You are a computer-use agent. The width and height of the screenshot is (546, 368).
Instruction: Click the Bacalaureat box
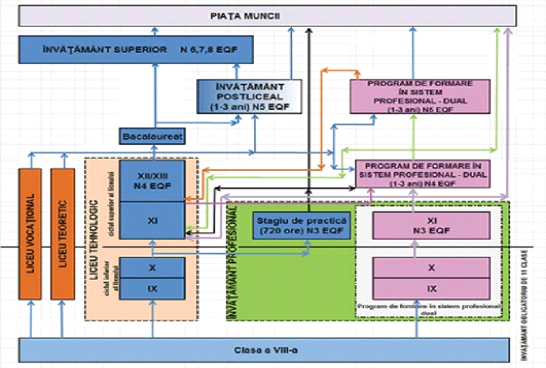152,137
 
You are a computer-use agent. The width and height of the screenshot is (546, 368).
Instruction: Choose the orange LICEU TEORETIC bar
64,234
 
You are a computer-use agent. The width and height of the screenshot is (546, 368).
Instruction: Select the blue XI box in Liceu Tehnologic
152,220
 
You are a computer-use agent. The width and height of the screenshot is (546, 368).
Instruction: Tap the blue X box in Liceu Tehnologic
152,268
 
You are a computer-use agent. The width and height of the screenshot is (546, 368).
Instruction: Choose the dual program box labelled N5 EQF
420,96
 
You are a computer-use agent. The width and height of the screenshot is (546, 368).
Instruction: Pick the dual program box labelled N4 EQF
421,174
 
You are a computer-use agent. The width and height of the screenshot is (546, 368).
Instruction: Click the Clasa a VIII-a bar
265,350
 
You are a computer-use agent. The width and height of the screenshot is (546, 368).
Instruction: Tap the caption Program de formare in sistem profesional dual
429,309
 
